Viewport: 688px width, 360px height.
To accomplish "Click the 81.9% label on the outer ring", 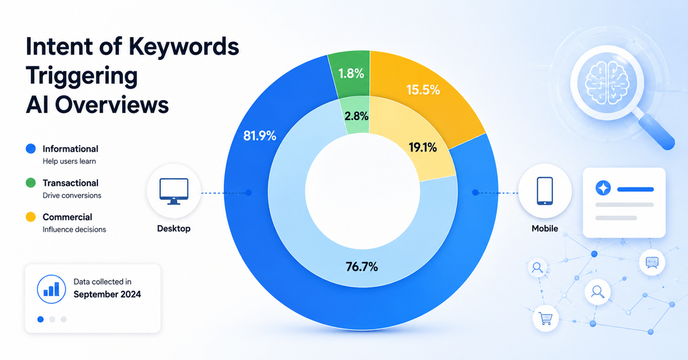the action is (x=260, y=136).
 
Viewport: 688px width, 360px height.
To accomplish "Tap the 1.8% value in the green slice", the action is (x=351, y=73).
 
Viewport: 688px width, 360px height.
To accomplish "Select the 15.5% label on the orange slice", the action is (x=423, y=90).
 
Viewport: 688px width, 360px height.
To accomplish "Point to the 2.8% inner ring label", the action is (x=356, y=116).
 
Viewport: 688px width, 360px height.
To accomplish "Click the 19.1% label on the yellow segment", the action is (x=423, y=148).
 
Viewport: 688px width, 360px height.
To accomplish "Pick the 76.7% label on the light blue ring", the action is (x=361, y=267).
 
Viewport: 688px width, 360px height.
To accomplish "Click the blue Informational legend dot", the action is (x=31, y=148).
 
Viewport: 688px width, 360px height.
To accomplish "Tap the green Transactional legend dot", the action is (x=31, y=183).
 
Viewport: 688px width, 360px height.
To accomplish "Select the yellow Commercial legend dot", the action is (x=31, y=217).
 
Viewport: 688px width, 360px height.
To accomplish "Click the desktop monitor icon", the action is (x=174, y=191).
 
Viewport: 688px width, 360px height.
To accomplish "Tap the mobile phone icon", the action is (x=544, y=191).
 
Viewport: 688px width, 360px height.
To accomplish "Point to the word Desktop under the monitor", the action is (x=174, y=228).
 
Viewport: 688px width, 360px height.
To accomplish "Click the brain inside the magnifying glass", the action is (x=607, y=82).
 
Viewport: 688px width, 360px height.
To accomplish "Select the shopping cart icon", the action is (x=546, y=318).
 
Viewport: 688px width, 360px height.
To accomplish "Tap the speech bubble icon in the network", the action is (x=652, y=262).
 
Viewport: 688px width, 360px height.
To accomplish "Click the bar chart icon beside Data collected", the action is (x=51, y=289).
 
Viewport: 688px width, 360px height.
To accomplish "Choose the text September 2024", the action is (x=107, y=294).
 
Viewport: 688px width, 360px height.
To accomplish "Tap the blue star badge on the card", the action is (x=603, y=188).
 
